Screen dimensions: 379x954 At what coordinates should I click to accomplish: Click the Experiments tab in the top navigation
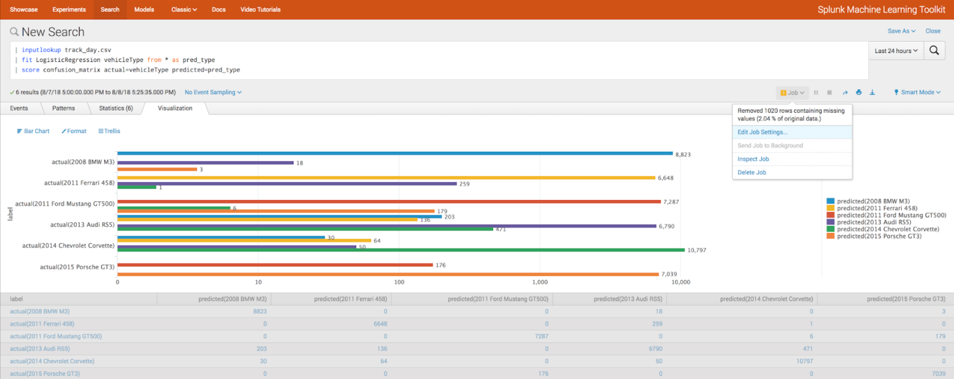click(69, 9)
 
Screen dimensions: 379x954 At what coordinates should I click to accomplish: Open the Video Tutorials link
click(260, 9)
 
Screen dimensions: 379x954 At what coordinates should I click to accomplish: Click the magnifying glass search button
click(934, 50)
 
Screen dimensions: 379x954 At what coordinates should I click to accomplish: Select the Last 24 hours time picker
click(896, 51)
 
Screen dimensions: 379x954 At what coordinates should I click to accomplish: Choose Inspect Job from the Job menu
click(753, 159)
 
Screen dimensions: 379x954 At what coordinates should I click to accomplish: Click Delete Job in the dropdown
click(752, 173)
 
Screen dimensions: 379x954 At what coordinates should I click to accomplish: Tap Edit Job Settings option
click(762, 132)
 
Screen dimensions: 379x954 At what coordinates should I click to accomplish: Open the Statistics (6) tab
click(116, 108)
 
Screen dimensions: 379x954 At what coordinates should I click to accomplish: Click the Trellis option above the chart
click(109, 131)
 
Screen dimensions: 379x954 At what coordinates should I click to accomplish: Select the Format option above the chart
click(74, 131)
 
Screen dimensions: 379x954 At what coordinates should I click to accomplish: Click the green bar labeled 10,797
click(401, 250)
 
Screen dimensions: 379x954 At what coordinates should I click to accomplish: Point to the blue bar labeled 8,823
click(395, 153)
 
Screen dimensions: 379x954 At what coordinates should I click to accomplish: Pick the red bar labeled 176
click(275, 265)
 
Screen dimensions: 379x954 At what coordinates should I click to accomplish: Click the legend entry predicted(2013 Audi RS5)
click(874, 222)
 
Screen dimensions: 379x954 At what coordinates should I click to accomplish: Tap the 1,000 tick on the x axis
click(540, 282)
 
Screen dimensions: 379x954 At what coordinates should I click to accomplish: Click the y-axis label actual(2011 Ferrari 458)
click(79, 183)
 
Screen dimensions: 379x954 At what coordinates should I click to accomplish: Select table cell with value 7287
click(541, 336)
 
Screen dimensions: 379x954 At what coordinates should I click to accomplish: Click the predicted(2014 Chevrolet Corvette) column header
click(766, 299)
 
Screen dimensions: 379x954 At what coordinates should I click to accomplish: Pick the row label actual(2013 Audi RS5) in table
click(40, 349)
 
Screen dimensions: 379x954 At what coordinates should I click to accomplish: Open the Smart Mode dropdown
click(917, 92)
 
